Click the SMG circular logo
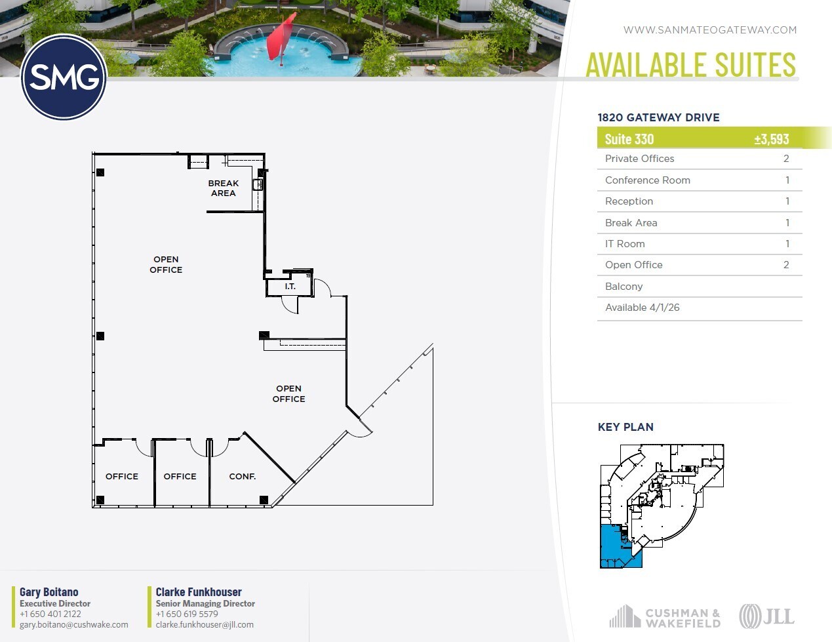pyautogui.click(x=64, y=77)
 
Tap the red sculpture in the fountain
pyautogui.click(x=283, y=39)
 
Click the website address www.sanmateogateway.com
pyautogui.click(x=709, y=30)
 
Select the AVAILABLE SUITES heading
pyautogui.click(x=690, y=64)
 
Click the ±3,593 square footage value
pyautogui.click(x=771, y=139)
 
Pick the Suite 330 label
pyautogui.click(x=629, y=139)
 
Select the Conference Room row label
pyautogui.click(x=647, y=180)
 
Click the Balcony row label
pyautogui.click(x=624, y=287)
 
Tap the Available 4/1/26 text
pyautogui.click(x=642, y=308)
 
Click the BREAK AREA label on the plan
pyautogui.click(x=223, y=188)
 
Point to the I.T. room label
pyautogui.click(x=290, y=287)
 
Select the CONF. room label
pyautogui.click(x=242, y=477)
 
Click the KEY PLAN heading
pyautogui.click(x=625, y=427)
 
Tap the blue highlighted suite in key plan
pyautogui.click(x=612, y=548)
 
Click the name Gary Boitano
pyautogui.click(x=49, y=592)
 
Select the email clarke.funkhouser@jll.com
pyautogui.click(x=204, y=625)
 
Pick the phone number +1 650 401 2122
pyautogui.click(x=50, y=614)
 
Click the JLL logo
pyautogui.click(x=766, y=616)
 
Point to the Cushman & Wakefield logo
pyautogui.click(x=664, y=617)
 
